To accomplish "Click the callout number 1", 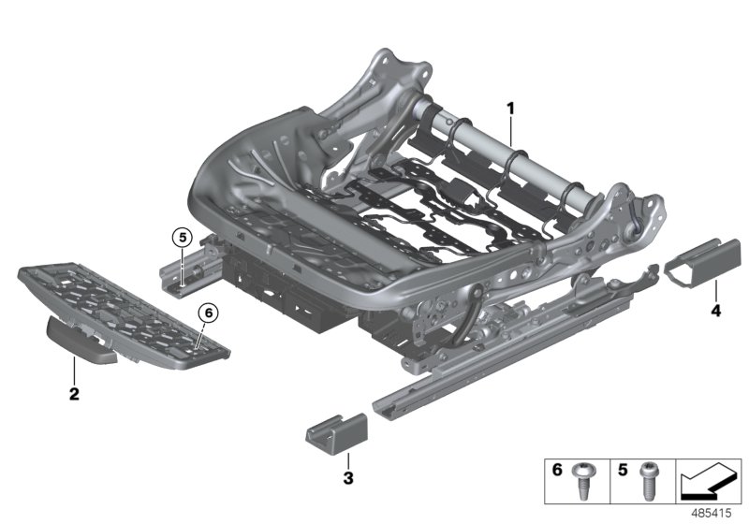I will pyautogui.click(x=510, y=109).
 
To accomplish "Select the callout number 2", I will pyautogui.click(x=73, y=394).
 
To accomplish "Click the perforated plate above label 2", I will pyautogui.click(x=122, y=309).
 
